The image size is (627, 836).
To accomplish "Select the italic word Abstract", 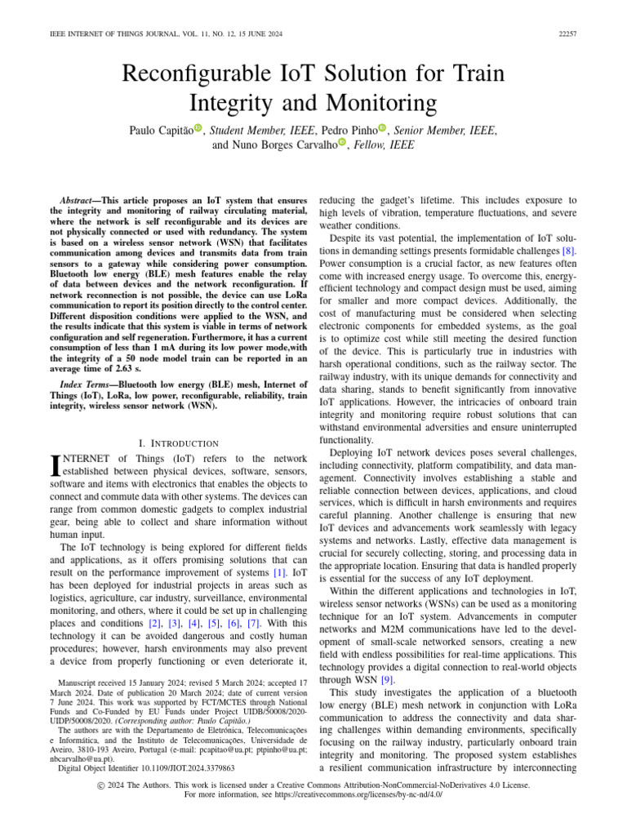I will [79, 200].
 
